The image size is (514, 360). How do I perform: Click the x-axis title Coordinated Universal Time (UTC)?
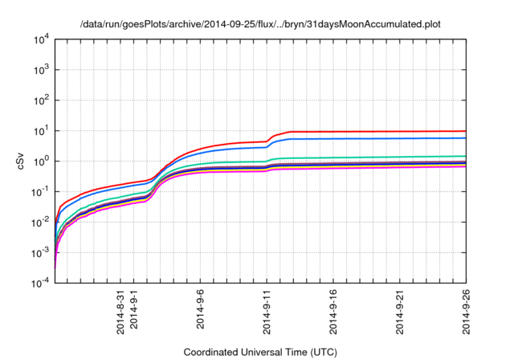pyautogui.click(x=261, y=353)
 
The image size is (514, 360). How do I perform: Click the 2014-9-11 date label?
pyautogui.click(x=267, y=315)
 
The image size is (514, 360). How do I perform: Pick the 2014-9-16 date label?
pyautogui.click(x=334, y=315)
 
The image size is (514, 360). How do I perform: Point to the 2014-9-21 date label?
pyautogui.click(x=401, y=315)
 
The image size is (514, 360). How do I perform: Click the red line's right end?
pyautogui.click(x=467, y=131)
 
